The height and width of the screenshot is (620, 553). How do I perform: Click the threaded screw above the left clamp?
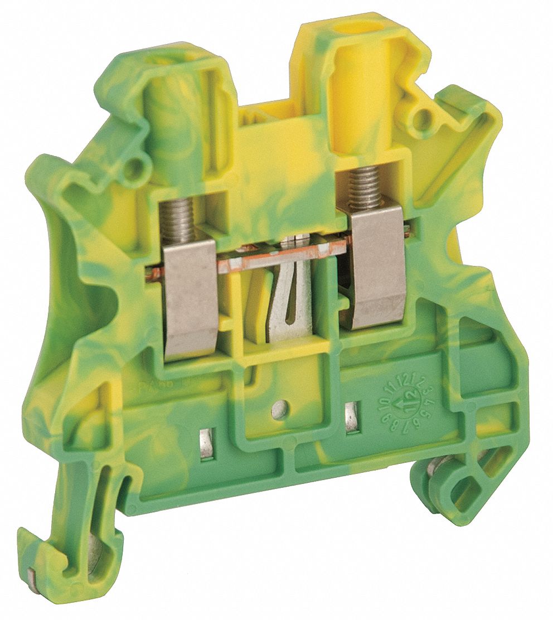[x=177, y=220]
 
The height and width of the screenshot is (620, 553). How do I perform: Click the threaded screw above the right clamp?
[x=365, y=187]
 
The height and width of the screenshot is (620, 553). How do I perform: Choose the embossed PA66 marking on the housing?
[x=148, y=385]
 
